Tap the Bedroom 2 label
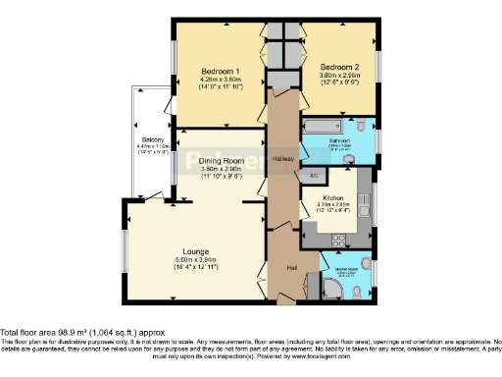tap(340, 67)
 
